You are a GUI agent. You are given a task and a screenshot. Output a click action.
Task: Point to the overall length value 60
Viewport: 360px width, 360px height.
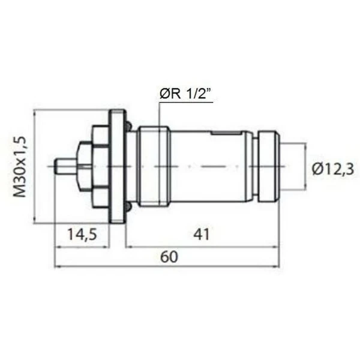[x=170, y=256]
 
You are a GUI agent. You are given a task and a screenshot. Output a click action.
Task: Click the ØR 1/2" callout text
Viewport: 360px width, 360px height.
[x=187, y=94]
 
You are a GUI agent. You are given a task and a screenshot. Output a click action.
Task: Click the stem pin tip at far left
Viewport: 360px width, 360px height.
[x=59, y=166]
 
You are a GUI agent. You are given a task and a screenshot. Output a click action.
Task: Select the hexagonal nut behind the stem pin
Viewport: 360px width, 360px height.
[x=87, y=166]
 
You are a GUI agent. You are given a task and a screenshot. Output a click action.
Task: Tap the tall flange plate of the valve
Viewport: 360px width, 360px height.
[x=117, y=166]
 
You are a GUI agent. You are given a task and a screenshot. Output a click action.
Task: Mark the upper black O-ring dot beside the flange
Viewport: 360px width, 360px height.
[x=128, y=125]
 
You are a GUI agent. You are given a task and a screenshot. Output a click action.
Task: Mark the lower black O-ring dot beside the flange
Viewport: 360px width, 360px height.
[x=128, y=207]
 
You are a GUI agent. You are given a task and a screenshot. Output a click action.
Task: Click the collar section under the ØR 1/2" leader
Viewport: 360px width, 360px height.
[x=154, y=166]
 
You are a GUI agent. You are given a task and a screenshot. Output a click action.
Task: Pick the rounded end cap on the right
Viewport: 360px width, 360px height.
[x=267, y=166]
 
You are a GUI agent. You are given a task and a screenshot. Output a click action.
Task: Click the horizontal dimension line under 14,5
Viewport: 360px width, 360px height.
[x=83, y=245]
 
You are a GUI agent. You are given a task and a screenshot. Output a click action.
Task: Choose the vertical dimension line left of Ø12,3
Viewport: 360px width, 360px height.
[x=305, y=166]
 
